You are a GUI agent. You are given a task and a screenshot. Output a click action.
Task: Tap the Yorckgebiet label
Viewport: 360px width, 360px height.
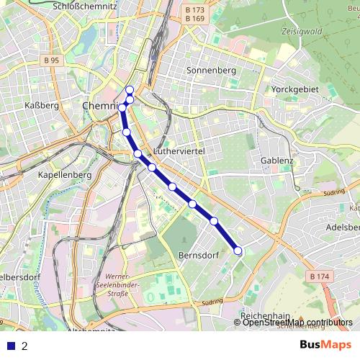coord(290,90)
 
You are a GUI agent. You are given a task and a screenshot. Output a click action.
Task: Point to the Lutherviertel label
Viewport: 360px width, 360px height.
coord(180,153)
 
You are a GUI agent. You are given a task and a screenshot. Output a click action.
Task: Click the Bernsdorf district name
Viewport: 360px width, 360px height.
coord(193,256)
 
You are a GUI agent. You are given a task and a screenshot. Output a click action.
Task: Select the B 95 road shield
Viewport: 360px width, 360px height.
coord(50,61)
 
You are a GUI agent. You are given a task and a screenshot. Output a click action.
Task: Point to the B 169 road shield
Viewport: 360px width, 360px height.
coord(194,19)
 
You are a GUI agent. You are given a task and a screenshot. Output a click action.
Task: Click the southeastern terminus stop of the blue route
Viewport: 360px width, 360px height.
coord(238,251)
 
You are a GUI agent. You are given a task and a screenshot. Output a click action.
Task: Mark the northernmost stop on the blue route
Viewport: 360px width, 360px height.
coord(130,90)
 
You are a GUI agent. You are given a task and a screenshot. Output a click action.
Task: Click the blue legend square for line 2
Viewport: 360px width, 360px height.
coord(10,346)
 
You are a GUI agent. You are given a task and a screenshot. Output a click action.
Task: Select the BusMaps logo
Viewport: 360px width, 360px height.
coord(325,345)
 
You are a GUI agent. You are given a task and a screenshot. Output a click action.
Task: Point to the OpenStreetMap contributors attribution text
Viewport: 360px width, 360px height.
coord(297,323)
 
